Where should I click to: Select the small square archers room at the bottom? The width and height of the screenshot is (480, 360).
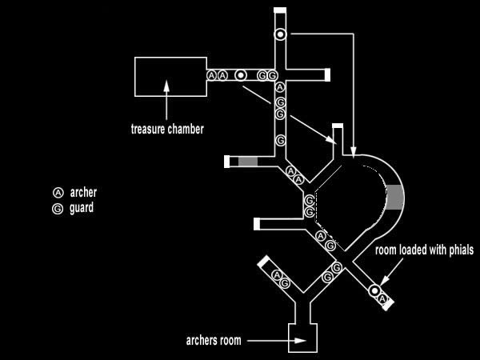(x=303, y=339)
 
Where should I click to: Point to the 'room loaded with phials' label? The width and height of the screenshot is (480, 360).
(x=425, y=250)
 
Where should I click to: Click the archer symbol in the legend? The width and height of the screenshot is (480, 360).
(x=58, y=193)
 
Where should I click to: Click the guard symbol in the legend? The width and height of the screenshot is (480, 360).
(x=58, y=208)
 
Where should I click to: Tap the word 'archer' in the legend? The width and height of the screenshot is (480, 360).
(x=84, y=193)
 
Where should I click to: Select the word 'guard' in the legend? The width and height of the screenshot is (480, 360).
(x=82, y=208)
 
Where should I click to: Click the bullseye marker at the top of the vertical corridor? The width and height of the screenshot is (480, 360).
(x=280, y=34)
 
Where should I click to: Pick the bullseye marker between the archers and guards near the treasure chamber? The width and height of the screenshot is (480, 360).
(x=240, y=75)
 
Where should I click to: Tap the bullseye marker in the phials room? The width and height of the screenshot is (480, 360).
(x=374, y=290)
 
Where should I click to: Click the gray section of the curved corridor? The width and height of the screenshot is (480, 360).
(x=394, y=195)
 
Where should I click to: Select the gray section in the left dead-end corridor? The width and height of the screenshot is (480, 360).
(x=249, y=162)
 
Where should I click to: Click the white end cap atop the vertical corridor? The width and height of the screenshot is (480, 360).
(x=280, y=10)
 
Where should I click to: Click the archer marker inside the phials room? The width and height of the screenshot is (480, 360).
(x=383, y=300)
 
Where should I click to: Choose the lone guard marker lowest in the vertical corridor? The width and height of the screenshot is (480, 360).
(x=280, y=140)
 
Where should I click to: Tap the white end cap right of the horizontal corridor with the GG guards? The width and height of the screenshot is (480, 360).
(x=328, y=75)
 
